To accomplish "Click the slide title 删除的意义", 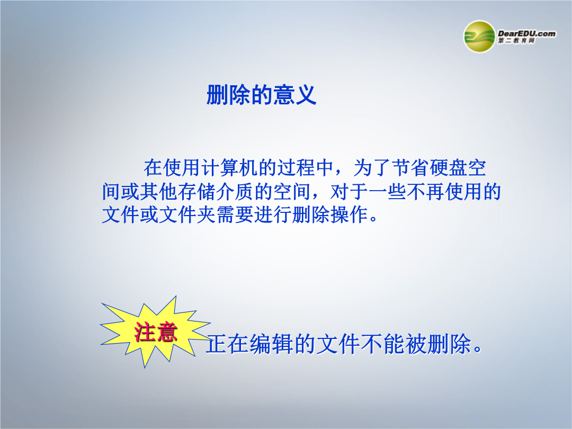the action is pos(261,95).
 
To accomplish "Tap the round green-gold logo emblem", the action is pos(479,37).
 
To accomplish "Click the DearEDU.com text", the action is pos(527,33).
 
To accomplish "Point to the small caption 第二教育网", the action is pos(516,41).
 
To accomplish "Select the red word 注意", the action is pos(156,332).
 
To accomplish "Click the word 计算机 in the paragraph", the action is pos(229,168).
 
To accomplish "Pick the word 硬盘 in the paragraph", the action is pos(449,168).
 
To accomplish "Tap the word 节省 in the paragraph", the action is pos(410,168).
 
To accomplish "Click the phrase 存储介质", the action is pos(216,191).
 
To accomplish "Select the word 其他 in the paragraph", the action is pos(159,191).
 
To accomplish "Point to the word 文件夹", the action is pos(187,214).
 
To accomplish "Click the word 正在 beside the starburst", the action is pos(228,344).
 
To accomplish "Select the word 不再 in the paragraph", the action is pos(425,191).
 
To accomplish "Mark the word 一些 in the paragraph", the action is pos(387,191).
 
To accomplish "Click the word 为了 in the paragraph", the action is pos(372,168).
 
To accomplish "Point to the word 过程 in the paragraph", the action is pos(296,168).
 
